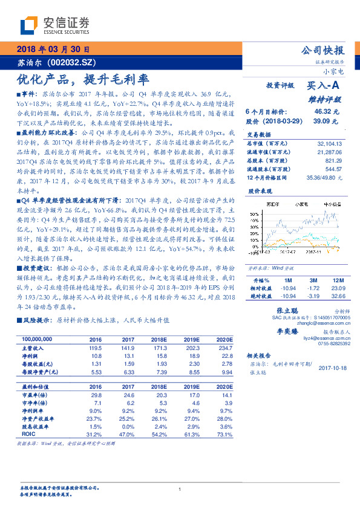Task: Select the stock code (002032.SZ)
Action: click(x=68, y=63)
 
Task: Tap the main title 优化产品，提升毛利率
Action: click(x=82, y=79)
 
